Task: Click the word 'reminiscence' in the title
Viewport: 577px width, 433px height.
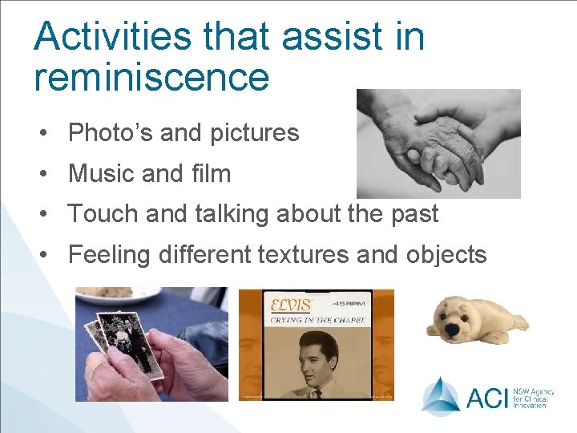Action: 151,77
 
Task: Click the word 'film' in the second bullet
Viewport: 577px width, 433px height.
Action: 212,173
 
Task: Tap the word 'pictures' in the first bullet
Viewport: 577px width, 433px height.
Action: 254,133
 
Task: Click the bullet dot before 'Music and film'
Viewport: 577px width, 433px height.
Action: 50,174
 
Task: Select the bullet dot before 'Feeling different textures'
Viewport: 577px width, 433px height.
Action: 50,256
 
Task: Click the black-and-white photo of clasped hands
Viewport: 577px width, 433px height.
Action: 438,144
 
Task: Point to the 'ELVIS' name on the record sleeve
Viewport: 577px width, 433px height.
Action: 289,306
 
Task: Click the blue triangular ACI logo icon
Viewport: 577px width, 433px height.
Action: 441,395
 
